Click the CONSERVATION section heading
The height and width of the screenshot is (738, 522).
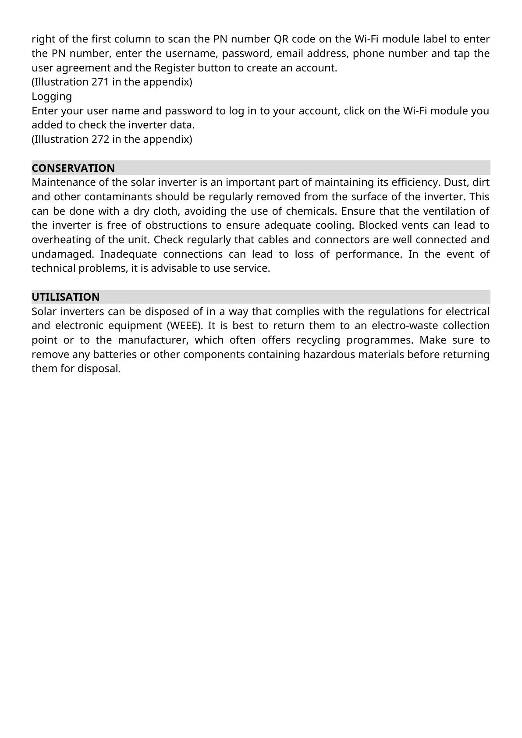[x=73, y=168]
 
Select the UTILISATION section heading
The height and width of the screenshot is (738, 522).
[x=65, y=297]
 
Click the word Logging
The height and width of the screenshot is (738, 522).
[x=52, y=96]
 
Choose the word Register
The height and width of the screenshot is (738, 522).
[x=173, y=68]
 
